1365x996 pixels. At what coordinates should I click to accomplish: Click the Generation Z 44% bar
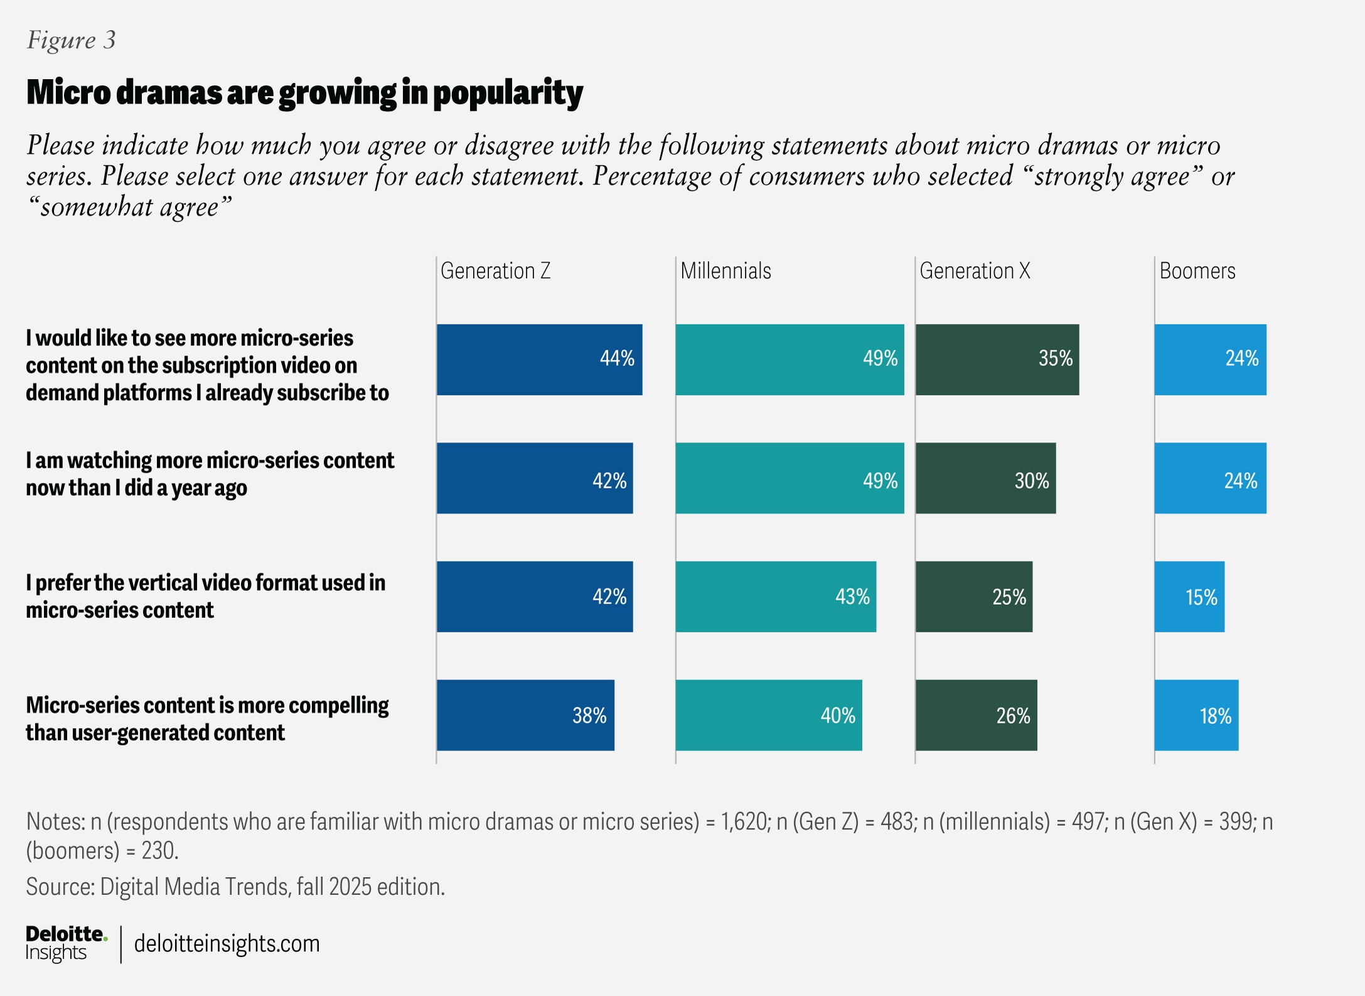point(538,360)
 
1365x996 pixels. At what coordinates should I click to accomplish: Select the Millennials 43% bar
point(775,597)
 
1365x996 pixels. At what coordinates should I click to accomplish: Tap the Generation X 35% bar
point(997,360)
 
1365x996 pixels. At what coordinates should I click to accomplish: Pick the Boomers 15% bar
point(1189,597)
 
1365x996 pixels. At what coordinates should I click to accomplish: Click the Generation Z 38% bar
point(525,715)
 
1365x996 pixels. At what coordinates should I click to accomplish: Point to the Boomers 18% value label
point(1215,716)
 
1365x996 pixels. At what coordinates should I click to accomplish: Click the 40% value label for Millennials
point(837,716)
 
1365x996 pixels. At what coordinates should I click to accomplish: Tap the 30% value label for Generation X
point(1031,481)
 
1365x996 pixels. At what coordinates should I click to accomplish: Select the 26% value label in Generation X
point(1013,716)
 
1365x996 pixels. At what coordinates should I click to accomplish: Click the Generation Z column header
point(495,271)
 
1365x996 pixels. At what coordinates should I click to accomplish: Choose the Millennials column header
point(725,271)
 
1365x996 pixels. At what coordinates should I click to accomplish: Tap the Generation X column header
point(974,271)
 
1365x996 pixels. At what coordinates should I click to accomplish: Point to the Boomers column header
point(1197,271)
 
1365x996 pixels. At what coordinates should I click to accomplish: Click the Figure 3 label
point(71,40)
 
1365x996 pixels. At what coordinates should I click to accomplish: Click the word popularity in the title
point(508,93)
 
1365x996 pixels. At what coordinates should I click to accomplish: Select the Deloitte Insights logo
point(65,943)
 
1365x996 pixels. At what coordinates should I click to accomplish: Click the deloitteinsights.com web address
point(227,944)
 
